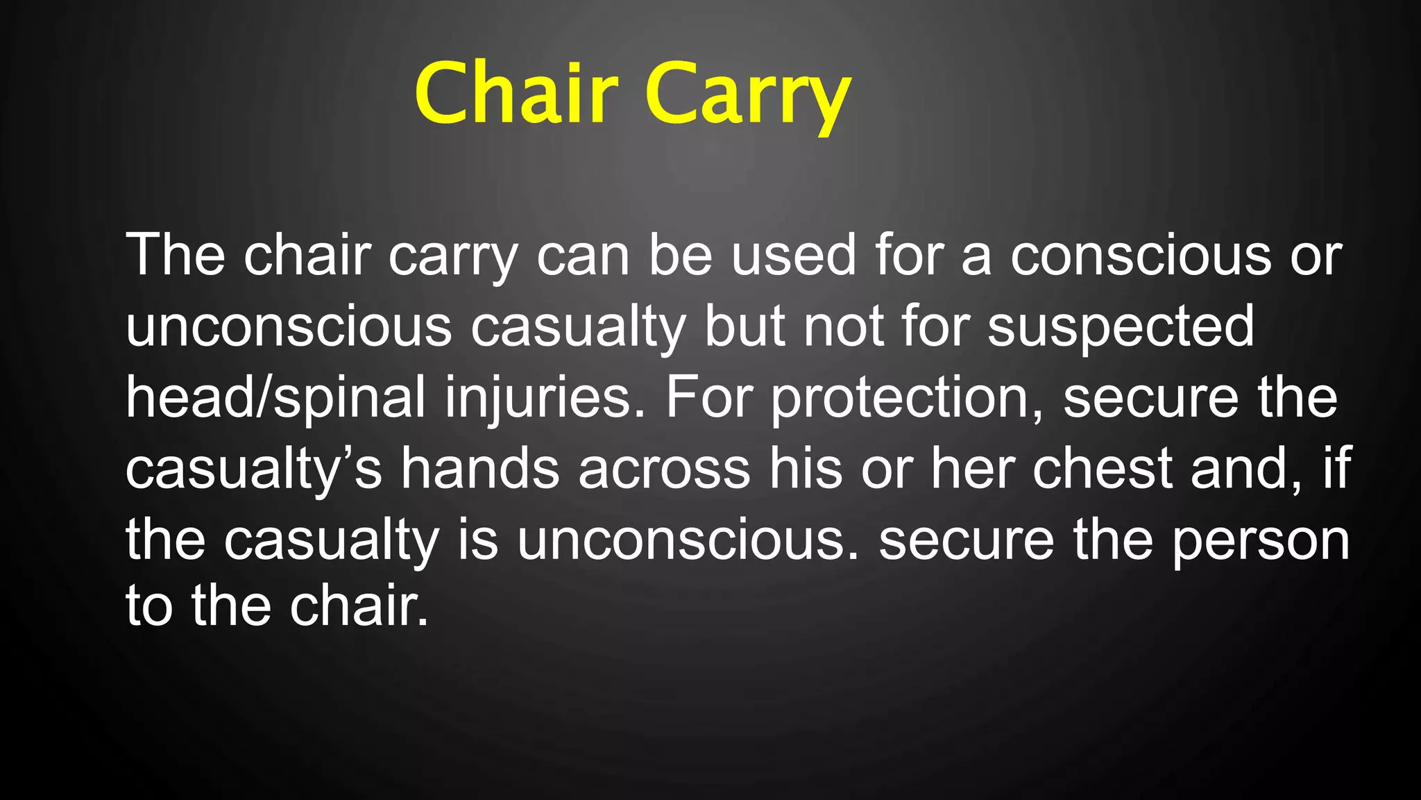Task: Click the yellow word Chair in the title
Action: [516, 93]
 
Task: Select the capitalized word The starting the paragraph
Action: [175, 256]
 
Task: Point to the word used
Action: [794, 256]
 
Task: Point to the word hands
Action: [480, 468]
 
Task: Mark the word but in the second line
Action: [744, 326]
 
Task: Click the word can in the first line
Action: [583, 256]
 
